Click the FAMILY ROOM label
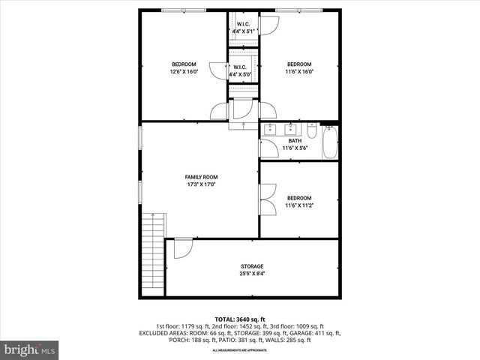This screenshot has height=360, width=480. [x=201, y=177]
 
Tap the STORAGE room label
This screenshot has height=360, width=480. [x=252, y=266]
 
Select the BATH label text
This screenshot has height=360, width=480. [x=295, y=140]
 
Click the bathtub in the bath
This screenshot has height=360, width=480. [x=330, y=142]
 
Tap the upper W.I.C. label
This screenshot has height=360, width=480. [x=244, y=22]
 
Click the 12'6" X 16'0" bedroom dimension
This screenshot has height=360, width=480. [x=184, y=72]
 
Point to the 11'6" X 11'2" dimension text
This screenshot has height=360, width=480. [x=299, y=205]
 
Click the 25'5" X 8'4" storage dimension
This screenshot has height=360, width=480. [x=252, y=274]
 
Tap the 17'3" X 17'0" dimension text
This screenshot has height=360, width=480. [x=201, y=184]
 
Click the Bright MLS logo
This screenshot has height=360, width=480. [x=30, y=349]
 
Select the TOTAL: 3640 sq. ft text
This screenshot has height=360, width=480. [x=240, y=319]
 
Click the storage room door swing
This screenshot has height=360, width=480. [x=182, y=248]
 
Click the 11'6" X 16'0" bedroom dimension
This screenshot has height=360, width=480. [x=299, y=72]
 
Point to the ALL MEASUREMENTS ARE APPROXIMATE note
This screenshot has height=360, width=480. [x=240, y=350]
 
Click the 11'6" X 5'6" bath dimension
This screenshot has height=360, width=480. [x=295, y=148]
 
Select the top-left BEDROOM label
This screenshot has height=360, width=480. [x=184, y=64]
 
